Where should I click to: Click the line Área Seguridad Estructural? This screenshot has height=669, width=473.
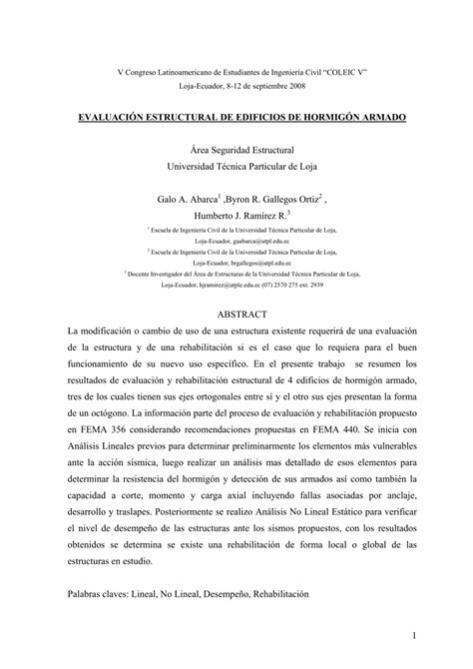pyautogui.click(x=236, y=148)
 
